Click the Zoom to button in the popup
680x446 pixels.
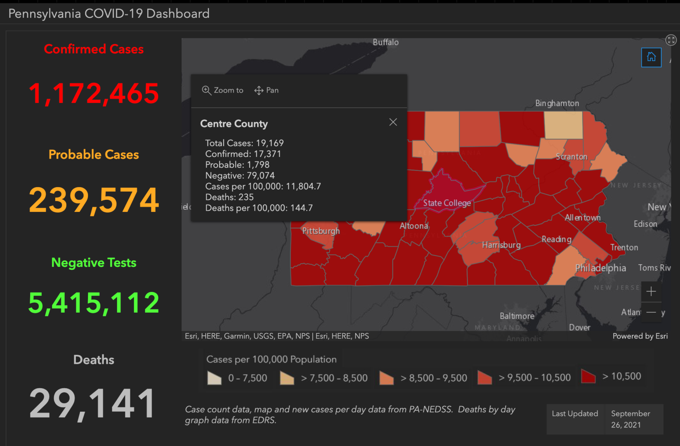pos(223,90)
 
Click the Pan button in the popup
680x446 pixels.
pos(267,90)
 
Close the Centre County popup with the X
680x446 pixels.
pos(393,122)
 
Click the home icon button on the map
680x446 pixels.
pos(651,57)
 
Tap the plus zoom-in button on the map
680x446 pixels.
pos(651,292)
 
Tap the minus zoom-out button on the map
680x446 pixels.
pos(651,313)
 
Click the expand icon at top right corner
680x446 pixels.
pos(671,40)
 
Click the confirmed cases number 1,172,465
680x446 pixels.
pos(94,93)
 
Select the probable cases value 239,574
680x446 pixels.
pos(94,200)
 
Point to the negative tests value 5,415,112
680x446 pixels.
pos(94,303)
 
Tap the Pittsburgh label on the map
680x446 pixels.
pos(321,231)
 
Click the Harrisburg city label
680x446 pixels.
pos(501,245)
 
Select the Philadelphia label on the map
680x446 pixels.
pos(600,268)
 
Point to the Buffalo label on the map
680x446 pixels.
pos(385,42)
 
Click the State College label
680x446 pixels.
pos(447,203)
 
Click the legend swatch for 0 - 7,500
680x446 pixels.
pos(215,378)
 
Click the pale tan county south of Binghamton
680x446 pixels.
pos(563,125)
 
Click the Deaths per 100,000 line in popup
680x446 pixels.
pos(259,208)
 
